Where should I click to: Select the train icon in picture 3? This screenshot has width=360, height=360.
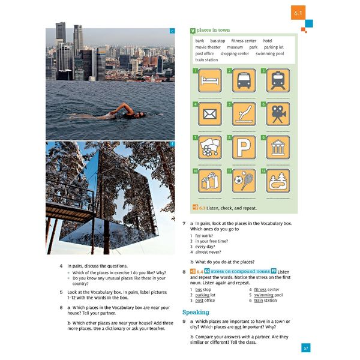point(278,81)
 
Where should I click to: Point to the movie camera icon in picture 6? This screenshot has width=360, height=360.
point(278,114)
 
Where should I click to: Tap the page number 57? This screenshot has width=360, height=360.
point(305,348)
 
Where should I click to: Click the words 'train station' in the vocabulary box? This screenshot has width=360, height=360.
point(206,60)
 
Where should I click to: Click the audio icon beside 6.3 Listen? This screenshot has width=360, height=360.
point(193,207)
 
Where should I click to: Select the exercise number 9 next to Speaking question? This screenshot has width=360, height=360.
point(184,322)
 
